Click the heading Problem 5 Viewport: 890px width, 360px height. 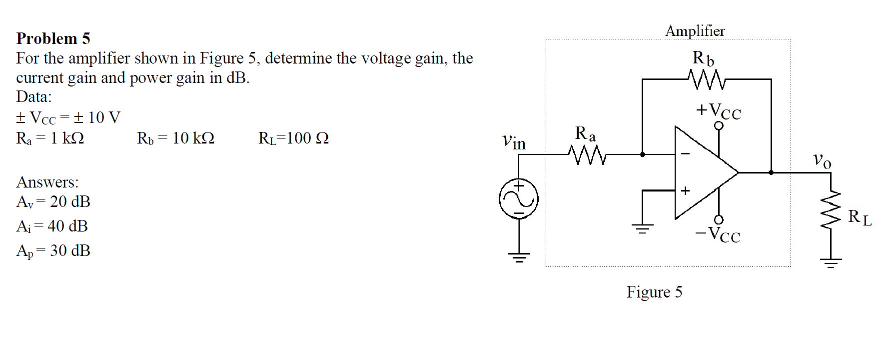click(53, 38)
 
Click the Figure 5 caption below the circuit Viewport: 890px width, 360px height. click(654, 291)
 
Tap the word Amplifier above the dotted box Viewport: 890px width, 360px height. click(695, 31)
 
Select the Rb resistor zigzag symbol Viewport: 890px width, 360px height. click(705, 79)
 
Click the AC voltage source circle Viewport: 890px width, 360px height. click(519, 199)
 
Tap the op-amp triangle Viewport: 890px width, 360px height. click(702, 172)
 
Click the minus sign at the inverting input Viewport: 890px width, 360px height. click(686, 154)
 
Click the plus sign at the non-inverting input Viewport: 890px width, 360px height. click(685, 190)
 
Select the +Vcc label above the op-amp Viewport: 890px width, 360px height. click(719, 110)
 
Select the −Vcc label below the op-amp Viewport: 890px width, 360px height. click(718, 234)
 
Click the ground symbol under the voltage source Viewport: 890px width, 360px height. click(519, 258)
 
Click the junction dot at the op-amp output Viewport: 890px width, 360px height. click(771, 172)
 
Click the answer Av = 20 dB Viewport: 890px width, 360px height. click(53, 201)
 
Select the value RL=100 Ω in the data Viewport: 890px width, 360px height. click(293, 138)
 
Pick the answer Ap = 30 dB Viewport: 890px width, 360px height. click(53, 250)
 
